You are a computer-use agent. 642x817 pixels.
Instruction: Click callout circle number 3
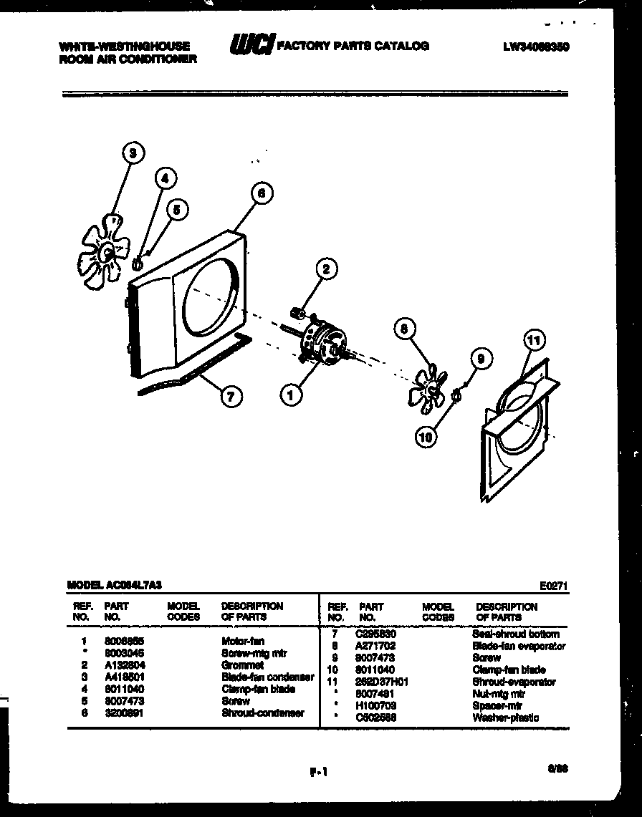coord(133,152)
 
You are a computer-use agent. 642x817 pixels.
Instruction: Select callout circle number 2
coord(325,269)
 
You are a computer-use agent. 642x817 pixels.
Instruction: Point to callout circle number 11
coord(535,341)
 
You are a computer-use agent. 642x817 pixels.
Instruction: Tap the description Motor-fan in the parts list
coord(242,641)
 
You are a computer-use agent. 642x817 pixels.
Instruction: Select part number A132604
coord(125,664)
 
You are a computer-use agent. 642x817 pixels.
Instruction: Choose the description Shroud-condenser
coord(262,712)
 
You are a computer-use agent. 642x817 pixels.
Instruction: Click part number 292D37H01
coord(381,682)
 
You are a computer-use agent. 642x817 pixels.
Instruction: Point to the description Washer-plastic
coord(506,717)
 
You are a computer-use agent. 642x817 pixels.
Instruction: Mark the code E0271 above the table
coord(553,584)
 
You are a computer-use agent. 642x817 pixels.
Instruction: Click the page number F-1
coord(318,771)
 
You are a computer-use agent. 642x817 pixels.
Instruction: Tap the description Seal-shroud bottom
coord(516,634)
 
